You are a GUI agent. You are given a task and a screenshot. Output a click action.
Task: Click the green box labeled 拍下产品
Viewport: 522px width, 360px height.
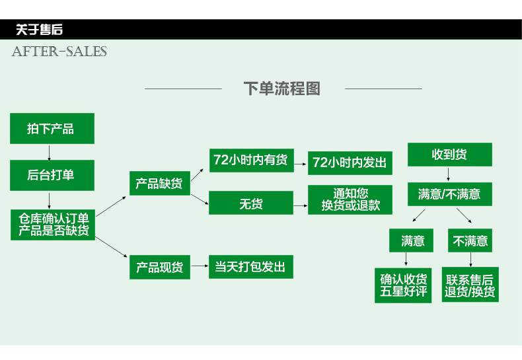click(52, 128)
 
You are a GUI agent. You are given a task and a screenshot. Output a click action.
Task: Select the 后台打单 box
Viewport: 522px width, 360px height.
click(52, 175)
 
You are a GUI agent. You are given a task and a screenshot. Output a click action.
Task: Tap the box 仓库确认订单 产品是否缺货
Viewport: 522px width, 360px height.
click(54, 224)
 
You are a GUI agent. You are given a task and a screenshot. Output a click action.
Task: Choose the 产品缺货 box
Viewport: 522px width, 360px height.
click(159, 183)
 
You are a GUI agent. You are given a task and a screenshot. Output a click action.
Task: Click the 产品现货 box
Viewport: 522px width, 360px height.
click(159, 267)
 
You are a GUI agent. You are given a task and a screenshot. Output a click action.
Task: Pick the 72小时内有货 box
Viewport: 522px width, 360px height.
click(250, 160)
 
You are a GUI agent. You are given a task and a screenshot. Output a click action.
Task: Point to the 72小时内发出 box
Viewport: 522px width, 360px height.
click(350, 162)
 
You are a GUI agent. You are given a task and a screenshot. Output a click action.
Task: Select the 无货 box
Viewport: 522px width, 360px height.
click(250, 203)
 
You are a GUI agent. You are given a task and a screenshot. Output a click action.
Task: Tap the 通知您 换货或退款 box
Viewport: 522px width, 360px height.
click(350, 199)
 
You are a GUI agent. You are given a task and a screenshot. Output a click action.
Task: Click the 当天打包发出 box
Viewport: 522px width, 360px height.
click(250, 267)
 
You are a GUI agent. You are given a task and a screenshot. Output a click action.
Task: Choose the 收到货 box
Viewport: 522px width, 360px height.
click(449, 155)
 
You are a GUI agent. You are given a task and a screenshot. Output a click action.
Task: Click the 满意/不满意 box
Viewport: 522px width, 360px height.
click(449, 194)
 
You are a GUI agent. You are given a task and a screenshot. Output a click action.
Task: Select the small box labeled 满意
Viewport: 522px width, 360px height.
click(413, 240)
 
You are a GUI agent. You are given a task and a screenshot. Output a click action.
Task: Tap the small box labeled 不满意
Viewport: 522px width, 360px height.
click(470, 240)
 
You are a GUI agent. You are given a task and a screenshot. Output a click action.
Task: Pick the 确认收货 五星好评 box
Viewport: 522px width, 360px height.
click(404, 285)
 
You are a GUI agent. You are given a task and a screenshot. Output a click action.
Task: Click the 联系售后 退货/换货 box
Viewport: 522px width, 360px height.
click(470, 285)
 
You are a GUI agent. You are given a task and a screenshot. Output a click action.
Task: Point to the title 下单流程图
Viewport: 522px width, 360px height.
click(282, 88)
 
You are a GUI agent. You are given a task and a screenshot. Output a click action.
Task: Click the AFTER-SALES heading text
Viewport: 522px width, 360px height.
click(59, 52)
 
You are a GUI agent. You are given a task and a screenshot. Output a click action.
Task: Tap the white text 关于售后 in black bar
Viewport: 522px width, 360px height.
click(40, 30)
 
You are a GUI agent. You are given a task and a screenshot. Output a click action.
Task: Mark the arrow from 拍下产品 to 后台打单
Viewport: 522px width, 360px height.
click(50, 153)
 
